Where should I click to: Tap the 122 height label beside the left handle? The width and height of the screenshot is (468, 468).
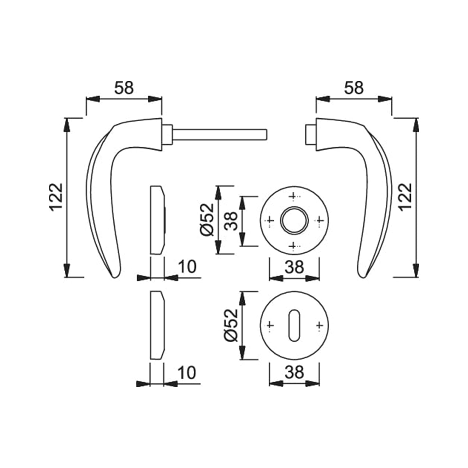(56, 197)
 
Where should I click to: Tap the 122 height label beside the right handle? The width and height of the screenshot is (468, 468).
(405, 197)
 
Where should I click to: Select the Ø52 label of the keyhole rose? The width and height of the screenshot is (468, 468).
(231, 326)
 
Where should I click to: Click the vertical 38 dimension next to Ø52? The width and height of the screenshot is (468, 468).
(231, 221)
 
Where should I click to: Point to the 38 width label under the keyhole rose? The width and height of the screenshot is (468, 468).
(294, 372)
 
